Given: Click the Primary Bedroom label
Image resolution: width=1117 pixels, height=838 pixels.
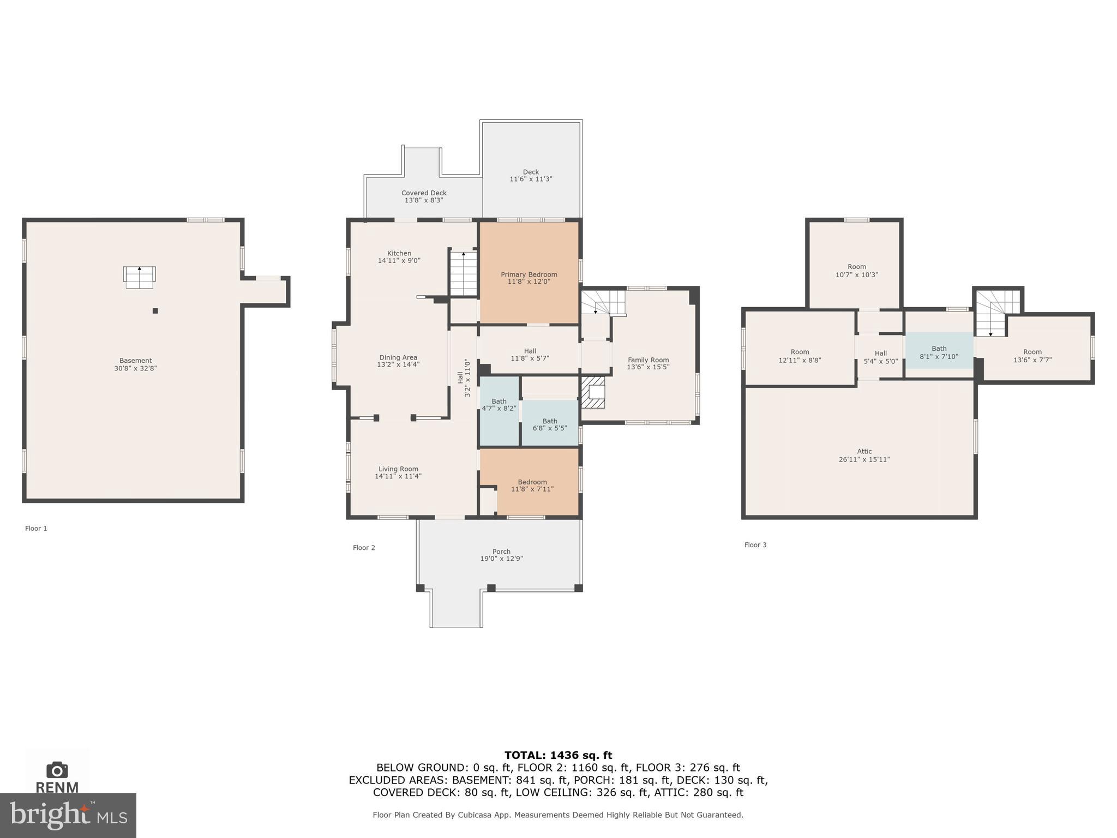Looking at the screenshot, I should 529,274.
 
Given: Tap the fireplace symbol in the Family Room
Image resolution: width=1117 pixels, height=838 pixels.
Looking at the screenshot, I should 593,392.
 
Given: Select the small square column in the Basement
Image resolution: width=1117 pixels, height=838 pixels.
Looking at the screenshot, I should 155,311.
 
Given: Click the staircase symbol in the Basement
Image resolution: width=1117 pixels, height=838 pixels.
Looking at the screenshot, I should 139,277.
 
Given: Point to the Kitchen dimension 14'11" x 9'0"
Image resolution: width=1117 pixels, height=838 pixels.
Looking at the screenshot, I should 399,261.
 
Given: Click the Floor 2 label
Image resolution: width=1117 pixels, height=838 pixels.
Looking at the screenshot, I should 364,548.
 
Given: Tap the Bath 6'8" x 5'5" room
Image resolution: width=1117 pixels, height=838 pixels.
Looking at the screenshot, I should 549,424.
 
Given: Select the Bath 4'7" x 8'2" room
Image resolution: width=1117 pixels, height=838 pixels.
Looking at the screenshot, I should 499,404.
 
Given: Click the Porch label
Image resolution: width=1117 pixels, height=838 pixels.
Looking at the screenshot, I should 501,552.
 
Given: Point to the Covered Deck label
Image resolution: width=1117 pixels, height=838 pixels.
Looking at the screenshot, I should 424,193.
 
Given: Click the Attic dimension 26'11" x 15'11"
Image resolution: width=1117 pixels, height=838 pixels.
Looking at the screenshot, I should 864,459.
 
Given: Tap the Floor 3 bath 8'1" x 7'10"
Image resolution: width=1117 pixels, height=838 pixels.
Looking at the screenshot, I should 939,352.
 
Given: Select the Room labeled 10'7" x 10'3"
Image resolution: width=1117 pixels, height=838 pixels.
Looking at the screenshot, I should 856,271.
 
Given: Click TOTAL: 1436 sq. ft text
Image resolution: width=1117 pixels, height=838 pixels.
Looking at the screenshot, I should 558,755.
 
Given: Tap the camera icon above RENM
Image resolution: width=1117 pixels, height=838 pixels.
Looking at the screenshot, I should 57,770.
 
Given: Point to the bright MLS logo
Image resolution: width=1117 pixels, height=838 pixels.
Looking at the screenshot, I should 68,815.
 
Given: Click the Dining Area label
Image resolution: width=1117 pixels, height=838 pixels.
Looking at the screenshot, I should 398,358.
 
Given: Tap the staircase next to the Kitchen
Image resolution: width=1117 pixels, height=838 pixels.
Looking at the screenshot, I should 463,273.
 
